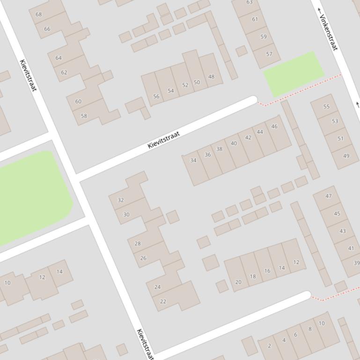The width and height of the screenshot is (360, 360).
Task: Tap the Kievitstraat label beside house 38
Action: [x=164, y=140]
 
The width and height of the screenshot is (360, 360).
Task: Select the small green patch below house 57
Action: [x=294, y=72]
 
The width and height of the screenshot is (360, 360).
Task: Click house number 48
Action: [x=211, y=77]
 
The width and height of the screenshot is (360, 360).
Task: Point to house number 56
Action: [x=156, y=96]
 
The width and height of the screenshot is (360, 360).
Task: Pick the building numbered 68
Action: [x=38, y=14]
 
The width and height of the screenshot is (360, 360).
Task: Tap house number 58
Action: [x=84, y=116]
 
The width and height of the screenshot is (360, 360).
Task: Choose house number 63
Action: [x=249, y=3]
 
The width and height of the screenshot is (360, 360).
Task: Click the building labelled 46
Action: [x=274, y=126]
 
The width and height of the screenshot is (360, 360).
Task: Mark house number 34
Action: [x=193, y=160]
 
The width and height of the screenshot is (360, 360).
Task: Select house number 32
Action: [x=121, y=200]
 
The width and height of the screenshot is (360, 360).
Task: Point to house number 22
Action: [x=163, y=302]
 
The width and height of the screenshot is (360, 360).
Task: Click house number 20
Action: [x=238, y=282]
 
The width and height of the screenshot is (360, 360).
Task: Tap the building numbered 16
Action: [x=267, y=271]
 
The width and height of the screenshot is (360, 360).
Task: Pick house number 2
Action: [x=269, y=346]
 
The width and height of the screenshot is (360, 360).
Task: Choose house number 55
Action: [x=326, y=107]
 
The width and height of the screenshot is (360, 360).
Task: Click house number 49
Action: [x=346, y=156]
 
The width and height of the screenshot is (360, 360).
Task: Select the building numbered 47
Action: [x=328, y=196]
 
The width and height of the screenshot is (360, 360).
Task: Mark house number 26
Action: [x=143, y=258]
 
